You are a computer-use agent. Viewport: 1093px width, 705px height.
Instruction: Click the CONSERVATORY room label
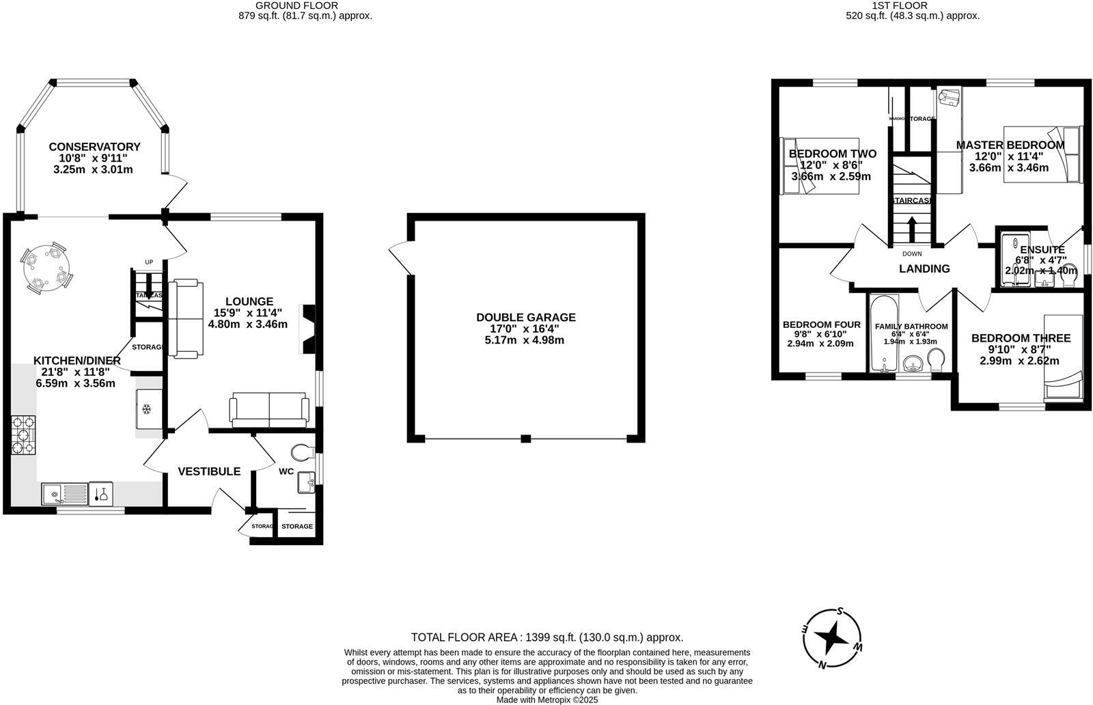pyautogui.click(x=94, y=146)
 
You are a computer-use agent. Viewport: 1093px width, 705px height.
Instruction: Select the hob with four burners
pyautogui.click(x=23, y=436)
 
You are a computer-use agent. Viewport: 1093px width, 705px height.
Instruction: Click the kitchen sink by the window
pyautogui.click(x=64, y=493)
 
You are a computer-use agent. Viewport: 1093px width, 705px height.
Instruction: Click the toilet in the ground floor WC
pyautogui.click(x=302, y=451)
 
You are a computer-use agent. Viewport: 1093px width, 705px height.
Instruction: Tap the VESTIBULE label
pyautogui.click(x=209, y=471)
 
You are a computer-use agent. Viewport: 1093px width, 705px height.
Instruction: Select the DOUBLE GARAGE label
pyautogui.click(x=525, y=317)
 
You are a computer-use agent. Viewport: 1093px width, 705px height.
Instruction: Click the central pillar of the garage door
pyautogui.click(x=525, y=439)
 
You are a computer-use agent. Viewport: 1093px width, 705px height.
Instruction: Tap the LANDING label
pyautogui.click(x=924, y=268)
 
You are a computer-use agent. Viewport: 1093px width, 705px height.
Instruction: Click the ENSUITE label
pyautogui.click(x=1042, y=250)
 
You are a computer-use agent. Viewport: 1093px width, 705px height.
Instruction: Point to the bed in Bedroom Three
pyautogui.click(x=1063, y=357)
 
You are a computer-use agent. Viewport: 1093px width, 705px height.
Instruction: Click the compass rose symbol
pyautogui.click(x=833, y=639)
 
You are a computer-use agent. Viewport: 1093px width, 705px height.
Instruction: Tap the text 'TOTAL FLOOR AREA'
pyautogui.click(x=465, y=637)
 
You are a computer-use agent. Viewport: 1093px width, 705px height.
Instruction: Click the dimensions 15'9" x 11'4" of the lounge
pyautogui.click(x=247, y=313)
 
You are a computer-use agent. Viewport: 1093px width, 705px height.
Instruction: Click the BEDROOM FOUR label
pyautogui.click(x=821, y=324)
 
